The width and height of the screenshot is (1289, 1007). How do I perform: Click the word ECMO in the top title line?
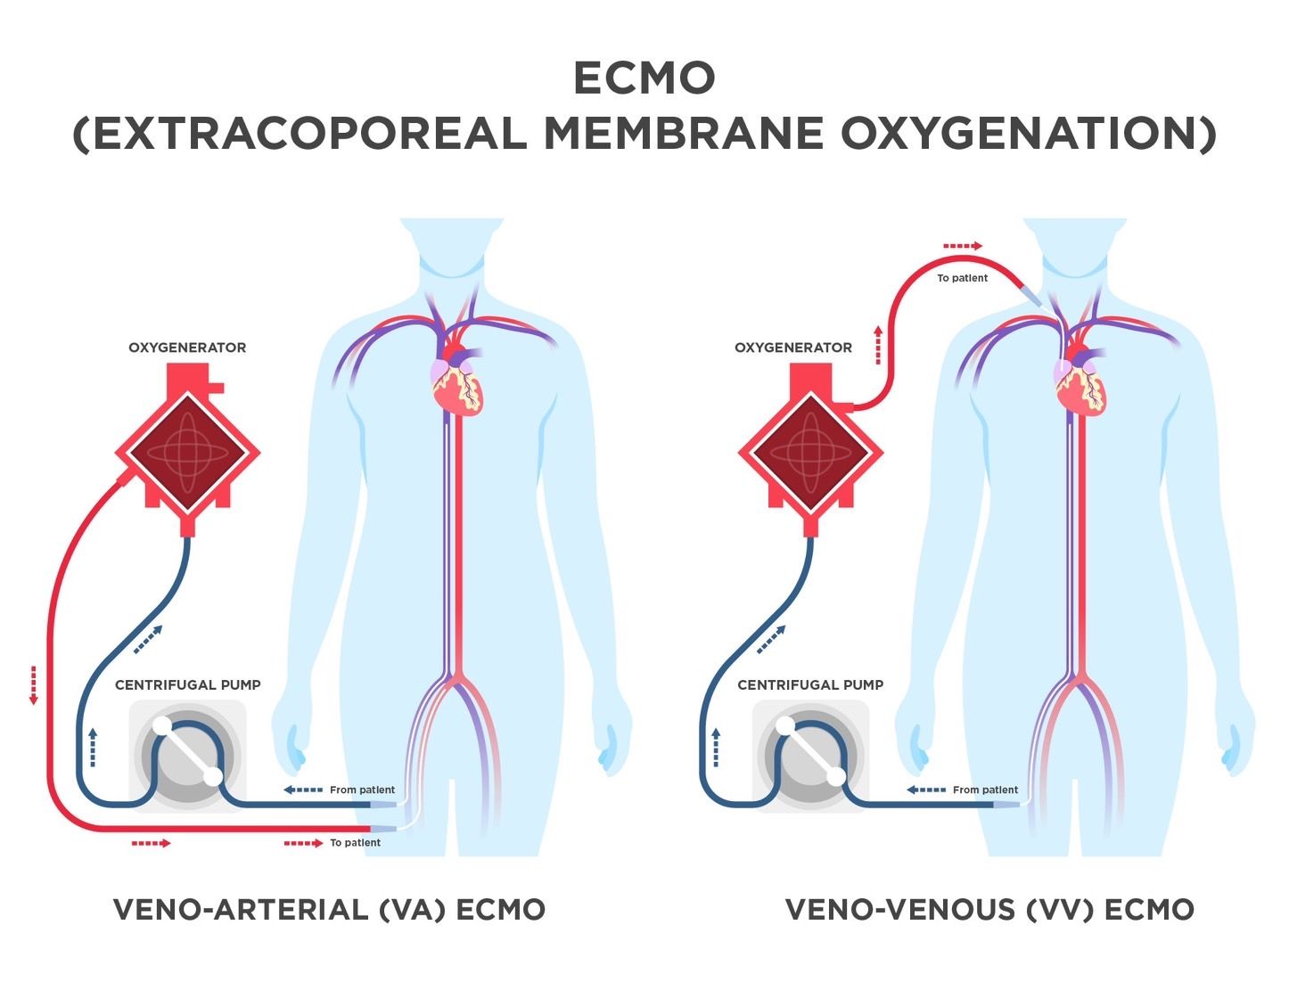(x=644, y=78)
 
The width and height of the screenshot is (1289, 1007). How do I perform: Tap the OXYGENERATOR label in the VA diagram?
(x=187, y=348)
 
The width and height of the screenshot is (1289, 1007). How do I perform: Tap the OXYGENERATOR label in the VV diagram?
(x=793, y=348)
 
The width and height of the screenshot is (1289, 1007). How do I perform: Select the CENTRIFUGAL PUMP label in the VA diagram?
(x=188, y=685)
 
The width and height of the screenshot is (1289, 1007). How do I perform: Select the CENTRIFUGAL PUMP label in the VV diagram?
(x=810, y=685)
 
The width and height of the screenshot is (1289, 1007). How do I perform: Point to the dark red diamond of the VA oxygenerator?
(x=187, y=453)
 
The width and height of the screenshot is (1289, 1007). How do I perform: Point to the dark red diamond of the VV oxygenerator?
(x=811, y=453)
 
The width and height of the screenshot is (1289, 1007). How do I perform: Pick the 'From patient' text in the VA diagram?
(x=362, y=790)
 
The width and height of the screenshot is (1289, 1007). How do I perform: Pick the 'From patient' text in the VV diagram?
(x=985, y=790)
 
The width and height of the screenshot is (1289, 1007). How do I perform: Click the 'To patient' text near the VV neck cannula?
(x=962, y=278)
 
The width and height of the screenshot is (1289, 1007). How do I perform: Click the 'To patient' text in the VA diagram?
(x=356, y=843)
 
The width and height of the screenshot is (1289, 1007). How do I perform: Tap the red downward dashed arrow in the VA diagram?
(x=33, y=685)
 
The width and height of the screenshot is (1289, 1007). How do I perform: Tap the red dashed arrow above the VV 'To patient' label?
(x=963, y=246)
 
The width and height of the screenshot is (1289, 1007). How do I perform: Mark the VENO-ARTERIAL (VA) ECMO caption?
(x=329, y=910)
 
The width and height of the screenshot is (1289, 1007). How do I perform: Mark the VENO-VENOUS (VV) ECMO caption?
(x=990, y=910)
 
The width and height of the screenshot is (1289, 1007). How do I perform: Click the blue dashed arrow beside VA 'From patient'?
(x=303, y=790)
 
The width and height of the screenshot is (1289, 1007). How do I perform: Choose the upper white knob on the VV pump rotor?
(x=784, y=726)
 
